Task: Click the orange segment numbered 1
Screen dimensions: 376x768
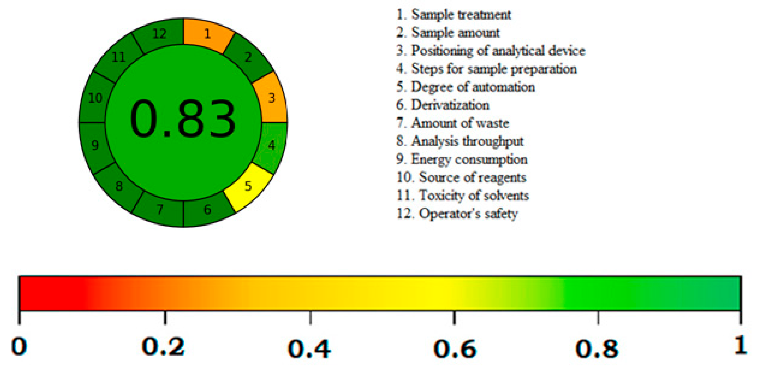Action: pos(207,34)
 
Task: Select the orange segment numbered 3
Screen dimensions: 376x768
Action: pos(271,98)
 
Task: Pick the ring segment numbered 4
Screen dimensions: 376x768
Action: pos(272,145)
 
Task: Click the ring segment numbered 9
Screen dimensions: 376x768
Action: pos(95,145)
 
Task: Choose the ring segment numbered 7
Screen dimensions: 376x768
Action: pos(160,209)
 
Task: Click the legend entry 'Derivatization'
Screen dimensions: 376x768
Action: pos(443,105)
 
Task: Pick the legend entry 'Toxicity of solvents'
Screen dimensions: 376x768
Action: pos(463,196)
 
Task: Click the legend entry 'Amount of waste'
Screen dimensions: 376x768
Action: pos(453,123)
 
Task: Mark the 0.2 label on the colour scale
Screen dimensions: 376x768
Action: pos(163,347)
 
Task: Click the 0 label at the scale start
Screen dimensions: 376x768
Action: pos(19,347)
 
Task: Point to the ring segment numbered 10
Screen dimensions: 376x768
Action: pos(95,98)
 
